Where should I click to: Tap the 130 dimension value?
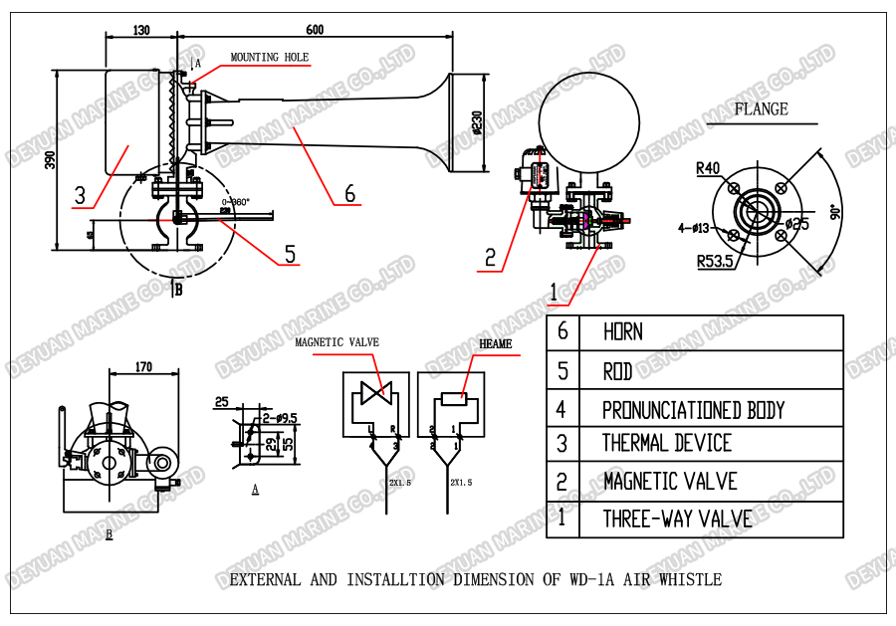pos(139,30)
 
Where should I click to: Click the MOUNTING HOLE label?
pos(270,58)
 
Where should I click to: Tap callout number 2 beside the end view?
pos(489,258)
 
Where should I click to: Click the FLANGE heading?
pos(761,109)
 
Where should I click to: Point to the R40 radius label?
pos(708,168)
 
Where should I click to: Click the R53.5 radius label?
pos(715,262)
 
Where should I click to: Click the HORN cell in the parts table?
pos(623,332)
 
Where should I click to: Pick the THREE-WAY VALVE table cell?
pos(677,519)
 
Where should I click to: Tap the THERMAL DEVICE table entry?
pos(666,444)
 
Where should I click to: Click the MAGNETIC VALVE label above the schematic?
pos(336,342)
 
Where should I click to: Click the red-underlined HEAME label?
pos(496,344)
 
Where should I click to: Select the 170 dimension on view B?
pos(143,367)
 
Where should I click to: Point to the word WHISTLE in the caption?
pos(687,579)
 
